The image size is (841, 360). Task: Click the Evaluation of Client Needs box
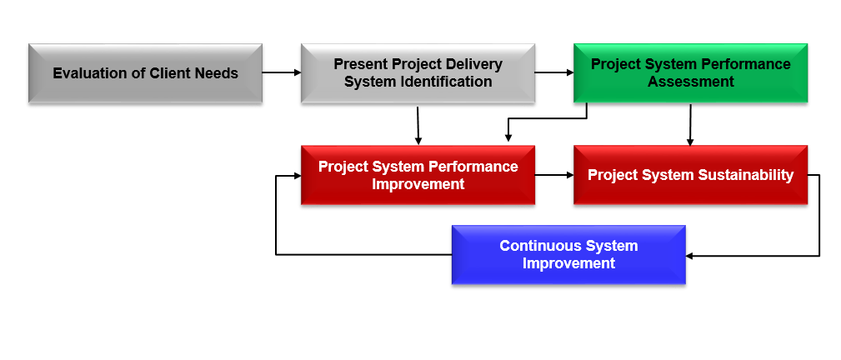point(145,73)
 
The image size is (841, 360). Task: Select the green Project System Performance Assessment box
point(690,73)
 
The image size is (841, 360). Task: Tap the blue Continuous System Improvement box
point(568,255)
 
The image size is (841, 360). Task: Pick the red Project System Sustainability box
point(690,175)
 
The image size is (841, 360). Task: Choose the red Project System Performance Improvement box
point(418,175)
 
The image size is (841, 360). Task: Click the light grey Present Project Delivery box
point(418,73)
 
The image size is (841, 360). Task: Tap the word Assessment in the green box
point(691,82)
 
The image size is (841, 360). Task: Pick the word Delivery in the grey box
point(474,64)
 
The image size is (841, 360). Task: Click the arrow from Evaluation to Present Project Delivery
point(282,72)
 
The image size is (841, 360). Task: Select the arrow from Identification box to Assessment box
point(554,72)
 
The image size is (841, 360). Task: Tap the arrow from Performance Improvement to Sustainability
point(554,175)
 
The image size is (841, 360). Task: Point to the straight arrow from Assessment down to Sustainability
point(690,124)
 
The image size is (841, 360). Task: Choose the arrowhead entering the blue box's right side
point(689,256)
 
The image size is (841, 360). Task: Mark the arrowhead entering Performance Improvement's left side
point(297,176)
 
